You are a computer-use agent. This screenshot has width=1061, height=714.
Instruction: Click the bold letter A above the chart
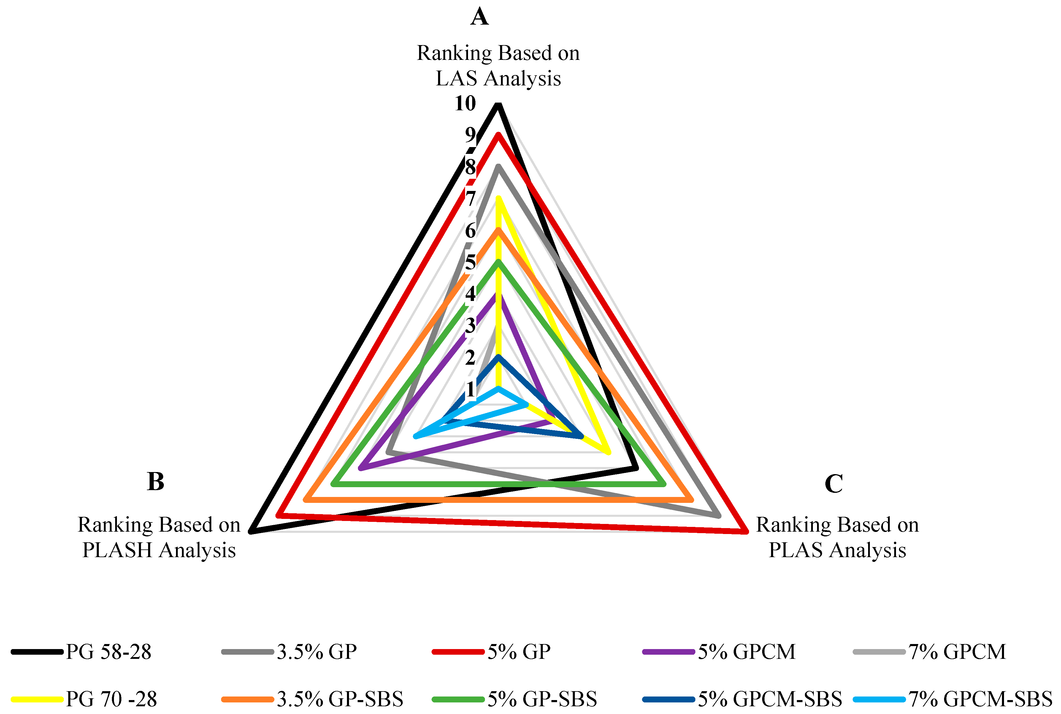click(480, 17)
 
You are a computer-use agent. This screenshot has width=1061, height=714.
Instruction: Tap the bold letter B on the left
click(156, 481)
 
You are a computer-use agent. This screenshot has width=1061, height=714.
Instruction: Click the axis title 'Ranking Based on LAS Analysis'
click(498, 66)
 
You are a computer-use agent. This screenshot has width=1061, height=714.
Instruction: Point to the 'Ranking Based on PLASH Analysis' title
click(158, 537)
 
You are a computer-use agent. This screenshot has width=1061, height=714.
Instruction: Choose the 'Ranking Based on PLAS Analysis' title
click(837, 537)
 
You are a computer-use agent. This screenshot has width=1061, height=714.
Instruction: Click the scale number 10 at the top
click(465, 104)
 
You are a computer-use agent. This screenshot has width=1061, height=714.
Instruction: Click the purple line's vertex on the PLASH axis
click(361, 468)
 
